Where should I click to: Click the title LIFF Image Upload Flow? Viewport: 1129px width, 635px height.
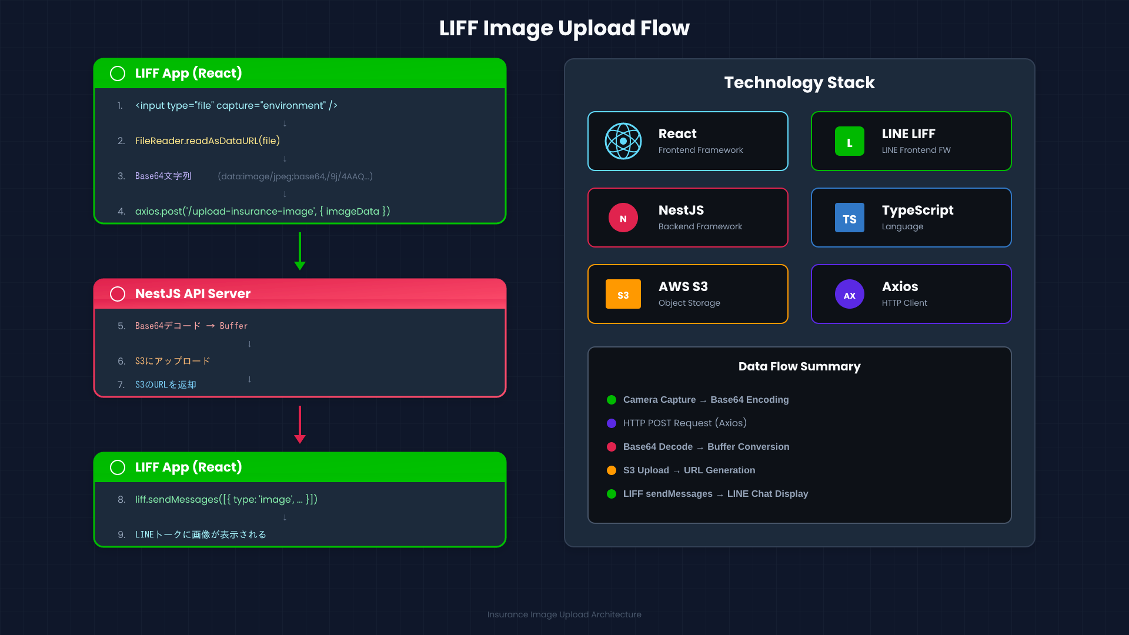click(564, 28)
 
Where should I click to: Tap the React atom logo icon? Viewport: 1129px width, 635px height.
click(623, 141)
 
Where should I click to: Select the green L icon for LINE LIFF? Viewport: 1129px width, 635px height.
click(849, 142)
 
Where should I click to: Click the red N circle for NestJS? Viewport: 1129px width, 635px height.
click(623, 218)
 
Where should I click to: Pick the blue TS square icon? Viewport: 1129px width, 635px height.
click(849, 218)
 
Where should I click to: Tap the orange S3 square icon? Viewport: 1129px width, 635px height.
click(623, 295)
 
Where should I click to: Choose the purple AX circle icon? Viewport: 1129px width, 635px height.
click(849, 295)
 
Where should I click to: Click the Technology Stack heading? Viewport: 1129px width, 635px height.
click(799, 83)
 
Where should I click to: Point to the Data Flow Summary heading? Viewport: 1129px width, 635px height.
click(799, 366)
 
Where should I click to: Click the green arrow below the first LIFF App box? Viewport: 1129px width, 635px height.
click(300, 252)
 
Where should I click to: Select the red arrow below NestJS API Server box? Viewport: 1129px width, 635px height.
click(300, 425)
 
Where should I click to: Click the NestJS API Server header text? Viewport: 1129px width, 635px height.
click(193, 293)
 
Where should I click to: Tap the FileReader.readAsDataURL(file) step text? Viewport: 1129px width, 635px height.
click(208, 141)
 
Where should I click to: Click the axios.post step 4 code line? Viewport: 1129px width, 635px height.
click(262, 212)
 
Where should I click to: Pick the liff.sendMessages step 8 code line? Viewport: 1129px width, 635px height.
click(226, 500)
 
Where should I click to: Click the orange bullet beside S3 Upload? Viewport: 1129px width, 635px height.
click(612, 470)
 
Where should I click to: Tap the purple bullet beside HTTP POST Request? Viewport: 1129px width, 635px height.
click(612, 423)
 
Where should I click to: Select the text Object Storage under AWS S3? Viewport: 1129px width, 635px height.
click(689, 303)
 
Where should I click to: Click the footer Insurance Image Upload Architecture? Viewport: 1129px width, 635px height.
click(564, 614)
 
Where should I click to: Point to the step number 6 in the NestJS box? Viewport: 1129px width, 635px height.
click(121, 361)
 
